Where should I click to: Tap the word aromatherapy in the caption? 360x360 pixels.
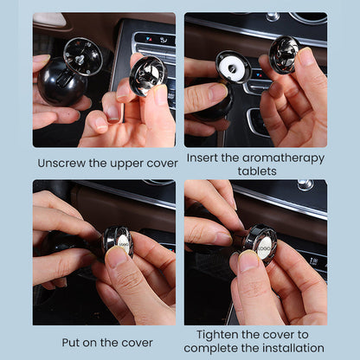point(283,158)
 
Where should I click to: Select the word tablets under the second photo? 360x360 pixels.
point(257,171)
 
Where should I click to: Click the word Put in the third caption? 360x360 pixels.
point(71,343)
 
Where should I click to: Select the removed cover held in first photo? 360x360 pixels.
point(148,75)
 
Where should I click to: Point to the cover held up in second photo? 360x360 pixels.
point(284,55)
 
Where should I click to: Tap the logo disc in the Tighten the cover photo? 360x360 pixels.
point(264,248)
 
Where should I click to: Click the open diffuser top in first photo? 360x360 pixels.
point(83,56)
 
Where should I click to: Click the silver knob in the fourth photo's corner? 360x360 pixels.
point(305,185)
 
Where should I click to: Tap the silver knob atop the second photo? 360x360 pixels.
point(273,16)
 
